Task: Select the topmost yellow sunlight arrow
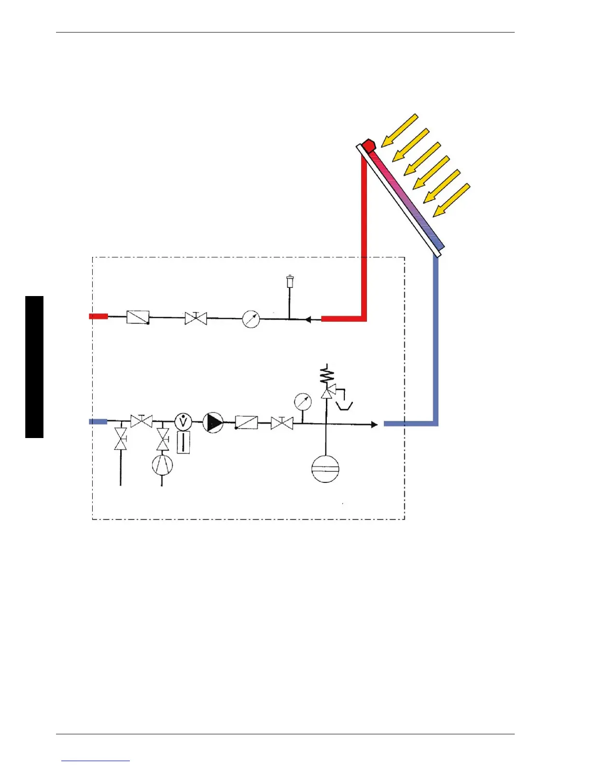[x=399, y=130]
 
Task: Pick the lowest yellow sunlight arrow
[x=451, y=200]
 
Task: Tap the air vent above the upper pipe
[x=290, y=281]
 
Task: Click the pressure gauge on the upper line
[x=251, y=319]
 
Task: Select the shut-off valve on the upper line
[x=196, y=318]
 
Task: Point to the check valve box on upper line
[x=138, y=317]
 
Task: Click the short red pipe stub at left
[x=98, y=316]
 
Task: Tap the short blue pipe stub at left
[x=98, y=422]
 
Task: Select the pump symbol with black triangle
[x=212, y=423]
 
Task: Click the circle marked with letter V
[x=183, y=422]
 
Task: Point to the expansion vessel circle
[x=325, y=468]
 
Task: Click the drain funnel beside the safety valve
[x=345, y=405]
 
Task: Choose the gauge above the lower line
[x=303, y=402]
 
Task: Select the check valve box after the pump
[x=246, y=423]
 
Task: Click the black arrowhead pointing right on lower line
[x=374, y=425]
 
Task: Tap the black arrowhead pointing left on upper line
[x=308, y=319]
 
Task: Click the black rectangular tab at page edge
[x=34, y=367]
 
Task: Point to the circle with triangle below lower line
[x=162, y=465]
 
